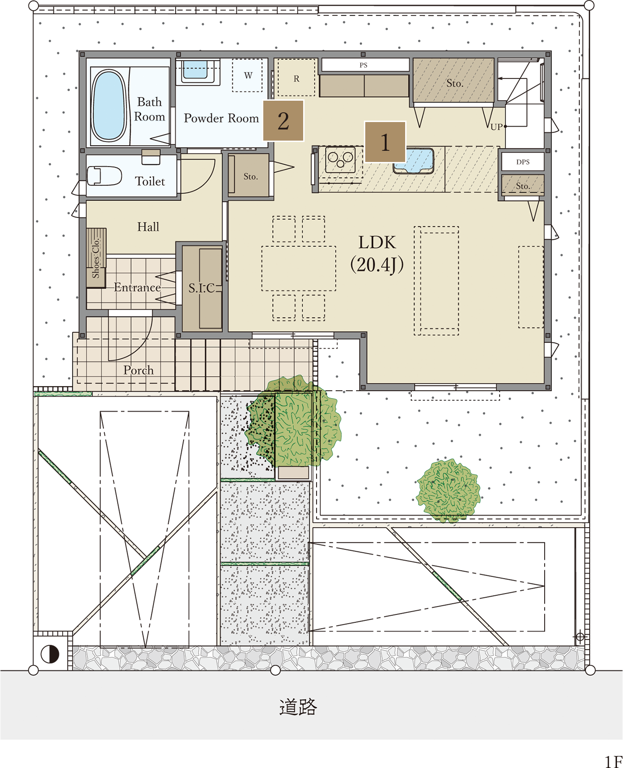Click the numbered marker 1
[385, 142]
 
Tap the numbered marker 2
[283, 121]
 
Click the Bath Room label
[149, 109]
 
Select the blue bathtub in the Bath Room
[109, 105]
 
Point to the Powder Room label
[221, 118]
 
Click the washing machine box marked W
[248, 75]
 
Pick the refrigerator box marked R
[296, 77]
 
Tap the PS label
[363, 65]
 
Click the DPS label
[523, 162]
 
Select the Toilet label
[150, 181]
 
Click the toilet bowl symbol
[104, 176]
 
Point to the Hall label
[148, 227]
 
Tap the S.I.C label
[202, 288]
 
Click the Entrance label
[137, 287]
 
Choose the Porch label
[138, 370]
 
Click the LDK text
[377, 242]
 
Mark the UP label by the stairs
[496, 127]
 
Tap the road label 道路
[298, 707]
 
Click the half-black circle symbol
[50, 654]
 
